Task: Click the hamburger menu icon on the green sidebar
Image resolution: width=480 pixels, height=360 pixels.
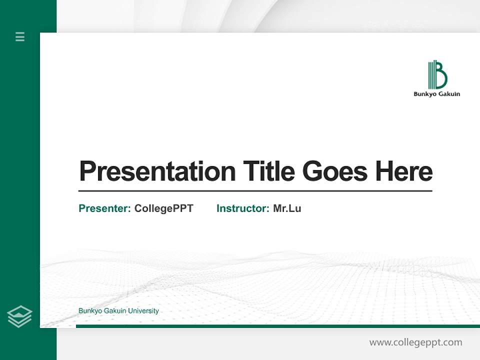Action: coord(20,36)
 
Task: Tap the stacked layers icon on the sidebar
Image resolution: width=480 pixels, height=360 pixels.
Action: coord(19,316)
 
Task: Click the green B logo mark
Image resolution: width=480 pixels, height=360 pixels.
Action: coord(437,75)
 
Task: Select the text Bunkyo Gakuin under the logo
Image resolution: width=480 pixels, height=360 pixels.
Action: coord(436,94)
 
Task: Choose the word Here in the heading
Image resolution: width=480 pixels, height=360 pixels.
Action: coord(404,171)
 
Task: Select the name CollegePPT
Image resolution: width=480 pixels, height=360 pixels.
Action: coord(163,208)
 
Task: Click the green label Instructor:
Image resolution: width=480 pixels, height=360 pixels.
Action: coord(243,208)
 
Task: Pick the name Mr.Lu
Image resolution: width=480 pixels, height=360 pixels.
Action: coord(287,208)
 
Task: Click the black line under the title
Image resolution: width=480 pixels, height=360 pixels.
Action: coord(255,191)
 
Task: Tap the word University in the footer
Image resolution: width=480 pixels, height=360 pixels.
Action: coord(143,311)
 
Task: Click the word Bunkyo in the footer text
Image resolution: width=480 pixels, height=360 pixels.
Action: coord(89,311)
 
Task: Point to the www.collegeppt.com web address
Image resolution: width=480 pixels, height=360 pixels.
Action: coord(415,342)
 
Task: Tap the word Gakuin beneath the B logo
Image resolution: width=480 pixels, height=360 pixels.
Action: coord(449,94)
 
